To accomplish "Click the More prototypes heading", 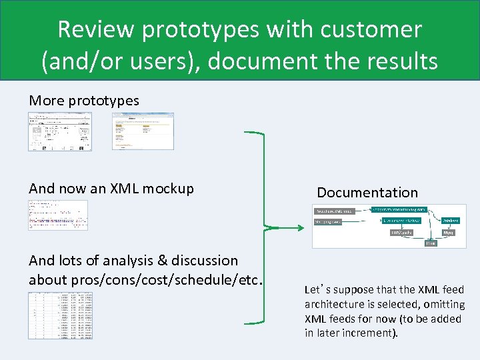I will pos(84,101).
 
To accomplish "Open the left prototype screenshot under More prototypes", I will pos(60,131).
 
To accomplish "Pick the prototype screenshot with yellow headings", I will pos(142,131).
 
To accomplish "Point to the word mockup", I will pos(172,189).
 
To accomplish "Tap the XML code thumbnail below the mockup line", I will pos(58,215).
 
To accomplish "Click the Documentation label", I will pos(367,193).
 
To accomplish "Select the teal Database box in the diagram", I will pos(451,220).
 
